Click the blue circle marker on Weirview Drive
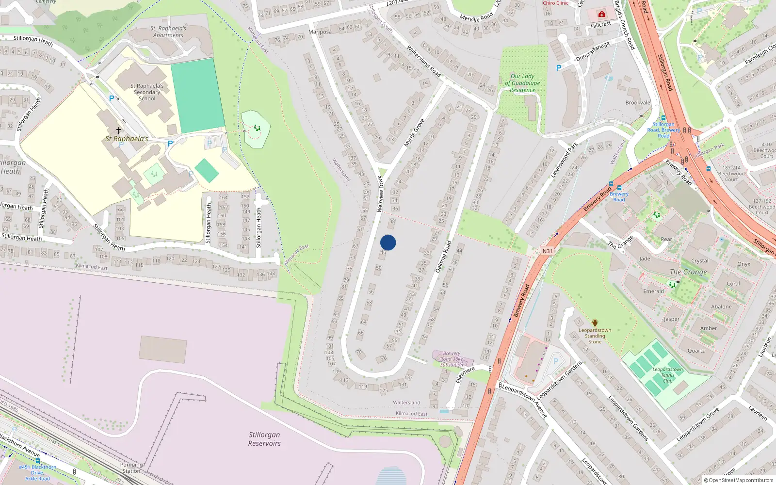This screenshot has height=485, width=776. click(388, 242)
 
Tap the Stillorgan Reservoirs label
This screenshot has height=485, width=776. click(264, 439)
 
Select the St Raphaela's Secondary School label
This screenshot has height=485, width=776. click(147, 92)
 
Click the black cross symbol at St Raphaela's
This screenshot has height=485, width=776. click(118, 130)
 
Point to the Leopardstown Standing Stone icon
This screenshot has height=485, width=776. click(595, 323)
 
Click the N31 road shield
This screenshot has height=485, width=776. click(547, 251)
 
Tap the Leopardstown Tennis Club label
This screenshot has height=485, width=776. click(667, 375)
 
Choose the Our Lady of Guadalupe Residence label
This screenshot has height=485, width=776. click(522, 83)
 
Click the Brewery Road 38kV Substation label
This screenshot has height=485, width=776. click(452, 359)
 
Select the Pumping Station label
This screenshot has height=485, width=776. click(131, 468)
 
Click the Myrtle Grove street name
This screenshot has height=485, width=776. click(414, 132)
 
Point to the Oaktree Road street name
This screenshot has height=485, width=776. click(443, 256)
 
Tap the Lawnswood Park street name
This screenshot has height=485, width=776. click(564, 160)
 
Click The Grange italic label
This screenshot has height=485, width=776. click(688, 272)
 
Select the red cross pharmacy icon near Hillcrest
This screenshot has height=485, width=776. click(602, 14)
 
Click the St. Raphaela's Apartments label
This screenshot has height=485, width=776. click(168, 32)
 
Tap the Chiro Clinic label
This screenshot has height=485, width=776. click(555, 3)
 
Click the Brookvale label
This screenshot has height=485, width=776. click(638, 103)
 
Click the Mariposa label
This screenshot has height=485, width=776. click(320, 32)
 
